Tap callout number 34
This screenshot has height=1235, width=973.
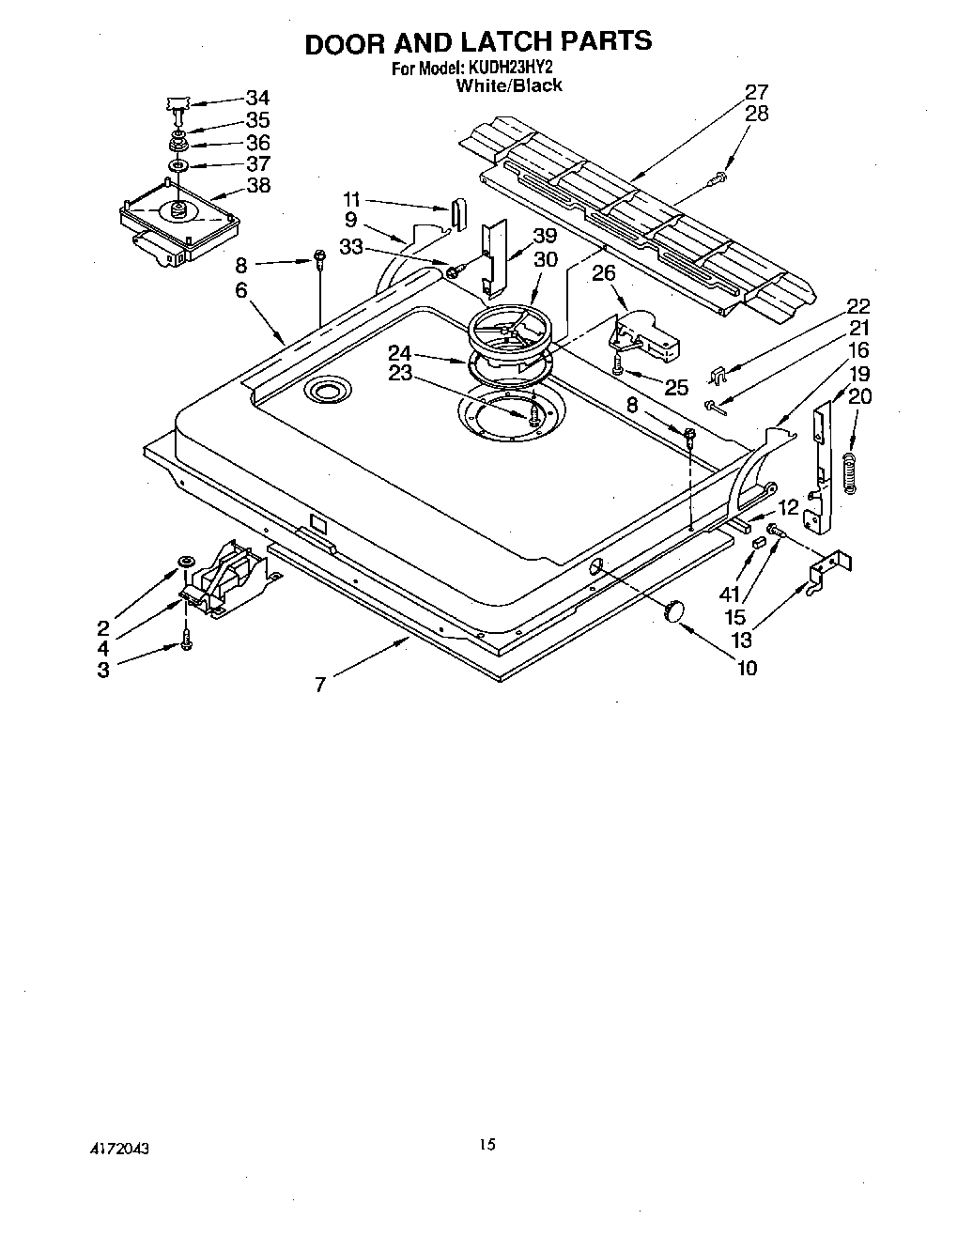(257, 98)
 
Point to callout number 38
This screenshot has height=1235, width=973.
(257, 185)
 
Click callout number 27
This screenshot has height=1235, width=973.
(757, 92)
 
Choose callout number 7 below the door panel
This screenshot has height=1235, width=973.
(320, 685)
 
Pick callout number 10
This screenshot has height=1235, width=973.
(748, 668)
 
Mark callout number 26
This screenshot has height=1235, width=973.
(604, 274)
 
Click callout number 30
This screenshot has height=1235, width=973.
(545, 260)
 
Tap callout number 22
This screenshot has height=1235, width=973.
(858, 306)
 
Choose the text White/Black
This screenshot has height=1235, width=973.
(509, 85)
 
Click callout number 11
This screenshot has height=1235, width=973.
(351, 199)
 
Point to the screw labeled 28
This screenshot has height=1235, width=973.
(719, 176)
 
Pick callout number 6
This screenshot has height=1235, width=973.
(241, 290)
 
